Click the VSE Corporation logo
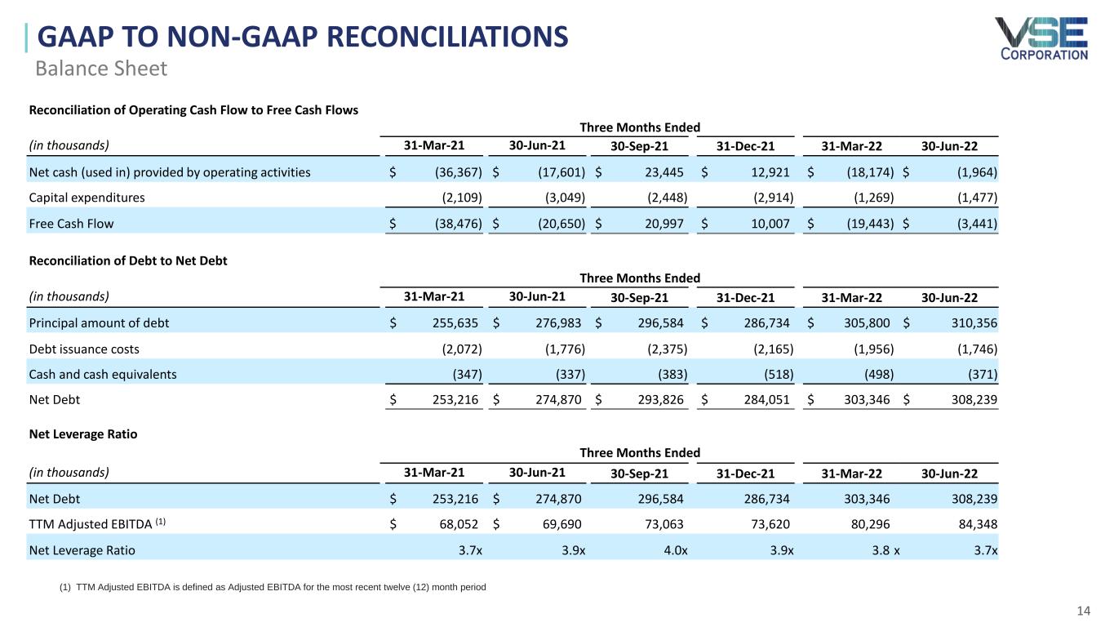pos(1041,38)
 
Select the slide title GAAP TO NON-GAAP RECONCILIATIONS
pos(303,38)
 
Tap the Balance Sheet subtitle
pos(101,69)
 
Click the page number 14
pos(1084,611)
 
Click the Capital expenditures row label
pos(87,198)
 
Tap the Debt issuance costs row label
pos(84,349)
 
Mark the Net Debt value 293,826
pos(663,400)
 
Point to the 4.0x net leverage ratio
pos(673,550)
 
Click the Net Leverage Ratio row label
pos(82,550)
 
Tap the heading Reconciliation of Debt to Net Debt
pos(128,261)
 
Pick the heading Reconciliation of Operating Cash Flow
pos(193,110)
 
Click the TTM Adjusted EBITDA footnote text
pos(273,588)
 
